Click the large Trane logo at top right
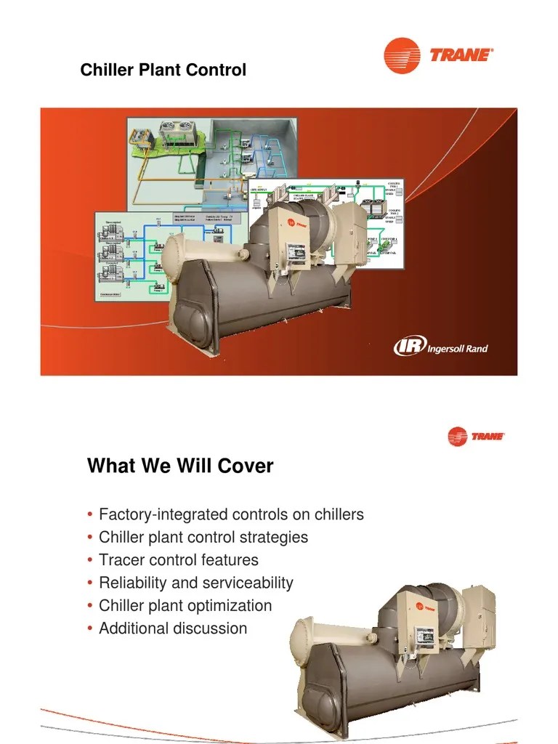point(438,55)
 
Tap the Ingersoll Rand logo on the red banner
point(440,347)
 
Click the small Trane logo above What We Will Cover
point(476,437)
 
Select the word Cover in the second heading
point(247,466)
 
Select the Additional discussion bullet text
point(173,628)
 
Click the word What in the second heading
point(110,466)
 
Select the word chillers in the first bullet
point(339,514)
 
